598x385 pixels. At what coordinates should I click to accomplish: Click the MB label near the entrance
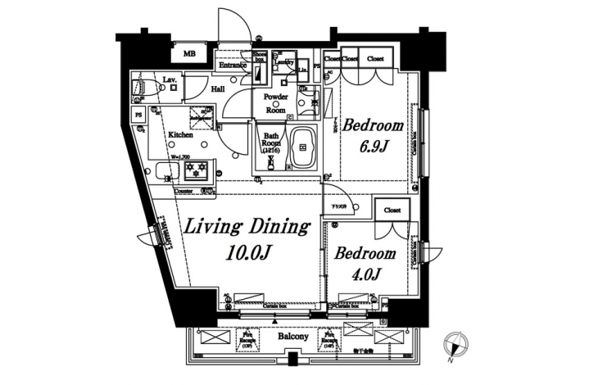pyautogui.click(x=189, y=54)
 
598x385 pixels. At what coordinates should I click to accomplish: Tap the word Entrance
pyautogui.click(x=233, y=65)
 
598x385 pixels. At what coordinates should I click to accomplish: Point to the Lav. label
pyautogui.click(x=170, y=79)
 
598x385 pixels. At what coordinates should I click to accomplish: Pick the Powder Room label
pyautogui.click(x=274, y=103)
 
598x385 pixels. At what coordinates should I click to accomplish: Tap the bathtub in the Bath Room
pyautogui.click(x=301, y=148)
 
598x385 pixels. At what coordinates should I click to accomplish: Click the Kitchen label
pyautogui.click(x=180, y=134)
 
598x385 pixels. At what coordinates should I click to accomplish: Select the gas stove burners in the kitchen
pyautogui.click(x=197, y=172)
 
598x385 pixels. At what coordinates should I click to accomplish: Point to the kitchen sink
pyautogui.click(x=163, y=173)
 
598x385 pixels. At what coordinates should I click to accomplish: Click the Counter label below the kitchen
pyautogui.click(x=184, y=191)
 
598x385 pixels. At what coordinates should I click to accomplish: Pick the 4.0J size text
pyautogui.click(x=365, y=274)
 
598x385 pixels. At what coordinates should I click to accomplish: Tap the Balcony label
pyautogui.click(x=292, y=337)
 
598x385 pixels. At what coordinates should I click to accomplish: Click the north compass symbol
pyautogui.click(x=453, y=347)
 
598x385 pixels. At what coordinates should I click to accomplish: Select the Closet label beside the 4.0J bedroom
pyautogui.click(x=391, y=210)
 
